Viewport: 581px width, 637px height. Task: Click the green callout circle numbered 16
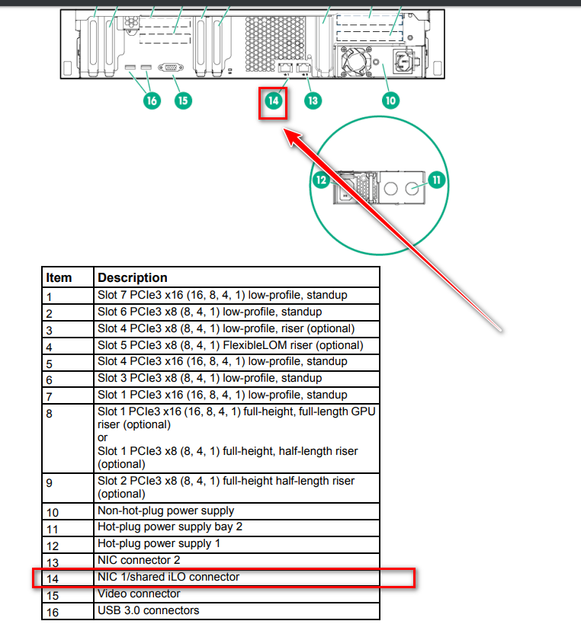151,100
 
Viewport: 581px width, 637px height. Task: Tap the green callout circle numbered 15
182,100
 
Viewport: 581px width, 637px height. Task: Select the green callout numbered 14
273,100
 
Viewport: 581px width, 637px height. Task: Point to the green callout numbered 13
311,100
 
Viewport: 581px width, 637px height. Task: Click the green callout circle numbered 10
390,100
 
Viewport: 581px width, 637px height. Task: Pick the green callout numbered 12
321,180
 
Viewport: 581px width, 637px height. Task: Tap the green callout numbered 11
437,180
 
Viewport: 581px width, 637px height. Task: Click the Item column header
59,277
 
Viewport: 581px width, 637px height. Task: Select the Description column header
133,277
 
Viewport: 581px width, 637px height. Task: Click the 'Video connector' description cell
139,594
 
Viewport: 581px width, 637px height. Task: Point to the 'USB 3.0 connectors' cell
148,610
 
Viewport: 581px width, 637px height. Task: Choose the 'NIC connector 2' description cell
138,560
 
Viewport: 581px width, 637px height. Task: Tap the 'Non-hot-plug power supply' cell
165,511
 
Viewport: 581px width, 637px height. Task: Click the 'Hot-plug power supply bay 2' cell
169,527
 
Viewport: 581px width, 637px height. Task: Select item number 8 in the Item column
50,413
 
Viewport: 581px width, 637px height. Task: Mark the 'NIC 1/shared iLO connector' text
168,577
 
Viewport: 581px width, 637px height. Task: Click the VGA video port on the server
169,69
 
